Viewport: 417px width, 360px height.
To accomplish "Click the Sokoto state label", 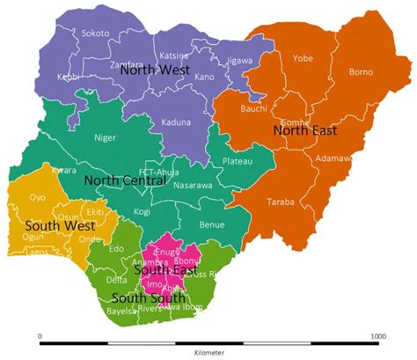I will click(x=95, y=33).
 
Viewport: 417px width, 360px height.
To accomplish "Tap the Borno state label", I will click(x=361, y=71).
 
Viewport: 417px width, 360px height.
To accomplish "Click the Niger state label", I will click(x=105, y=137).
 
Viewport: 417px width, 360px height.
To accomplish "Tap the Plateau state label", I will click(x=238, y=161).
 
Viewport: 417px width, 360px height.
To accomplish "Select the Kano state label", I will click(x=204, y=77).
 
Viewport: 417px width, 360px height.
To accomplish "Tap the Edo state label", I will click(x=116, y=248).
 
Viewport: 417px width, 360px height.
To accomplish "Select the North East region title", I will click(x=304, y=130).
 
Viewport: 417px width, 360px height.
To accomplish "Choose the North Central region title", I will click(x=124, y=180).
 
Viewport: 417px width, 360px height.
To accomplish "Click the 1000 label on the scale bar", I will click(x=377, y=335).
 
